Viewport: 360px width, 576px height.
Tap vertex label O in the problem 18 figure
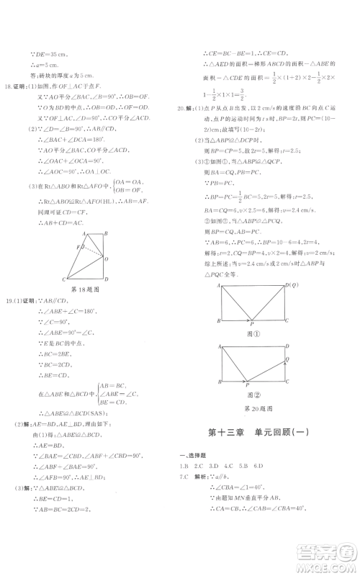click(x=107, y=258)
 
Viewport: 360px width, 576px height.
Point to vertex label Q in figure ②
click(x=289, y=359)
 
